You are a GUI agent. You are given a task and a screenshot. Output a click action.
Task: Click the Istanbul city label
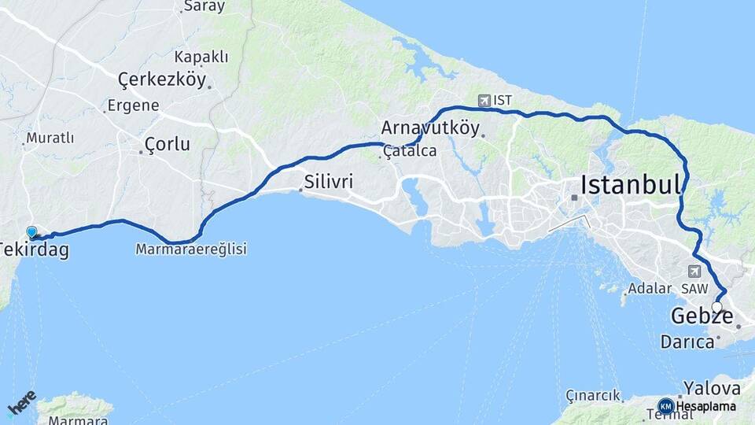[x=631, y=186]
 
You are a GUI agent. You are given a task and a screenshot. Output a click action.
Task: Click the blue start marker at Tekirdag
[x=31, y=232]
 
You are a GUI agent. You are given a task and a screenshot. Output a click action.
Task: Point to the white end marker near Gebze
[x=716, y=307]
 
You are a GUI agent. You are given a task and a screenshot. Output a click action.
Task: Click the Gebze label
[x=702, y=317]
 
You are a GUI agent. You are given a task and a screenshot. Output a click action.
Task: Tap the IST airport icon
[x=483, y=100]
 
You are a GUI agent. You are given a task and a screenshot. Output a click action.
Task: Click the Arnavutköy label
[x=430, y=128]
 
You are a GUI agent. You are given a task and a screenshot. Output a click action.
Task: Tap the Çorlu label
[x=168, y=145]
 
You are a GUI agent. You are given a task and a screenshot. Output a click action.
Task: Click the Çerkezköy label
[x=161, y=79]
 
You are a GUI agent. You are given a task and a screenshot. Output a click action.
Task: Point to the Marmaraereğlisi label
[x=191, y=249]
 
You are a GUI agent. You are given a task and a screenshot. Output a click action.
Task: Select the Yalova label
[x=712, y=388]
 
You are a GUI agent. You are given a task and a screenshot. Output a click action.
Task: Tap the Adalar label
[x=648, y=289]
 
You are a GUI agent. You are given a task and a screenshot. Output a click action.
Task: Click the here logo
[x=21, y=401]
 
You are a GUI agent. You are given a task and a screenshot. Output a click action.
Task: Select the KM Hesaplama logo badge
[x=666, y=406]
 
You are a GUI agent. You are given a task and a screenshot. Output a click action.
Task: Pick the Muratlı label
[x=50, y=139]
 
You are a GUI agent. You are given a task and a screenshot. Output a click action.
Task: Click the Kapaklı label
[x=201, y=57]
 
